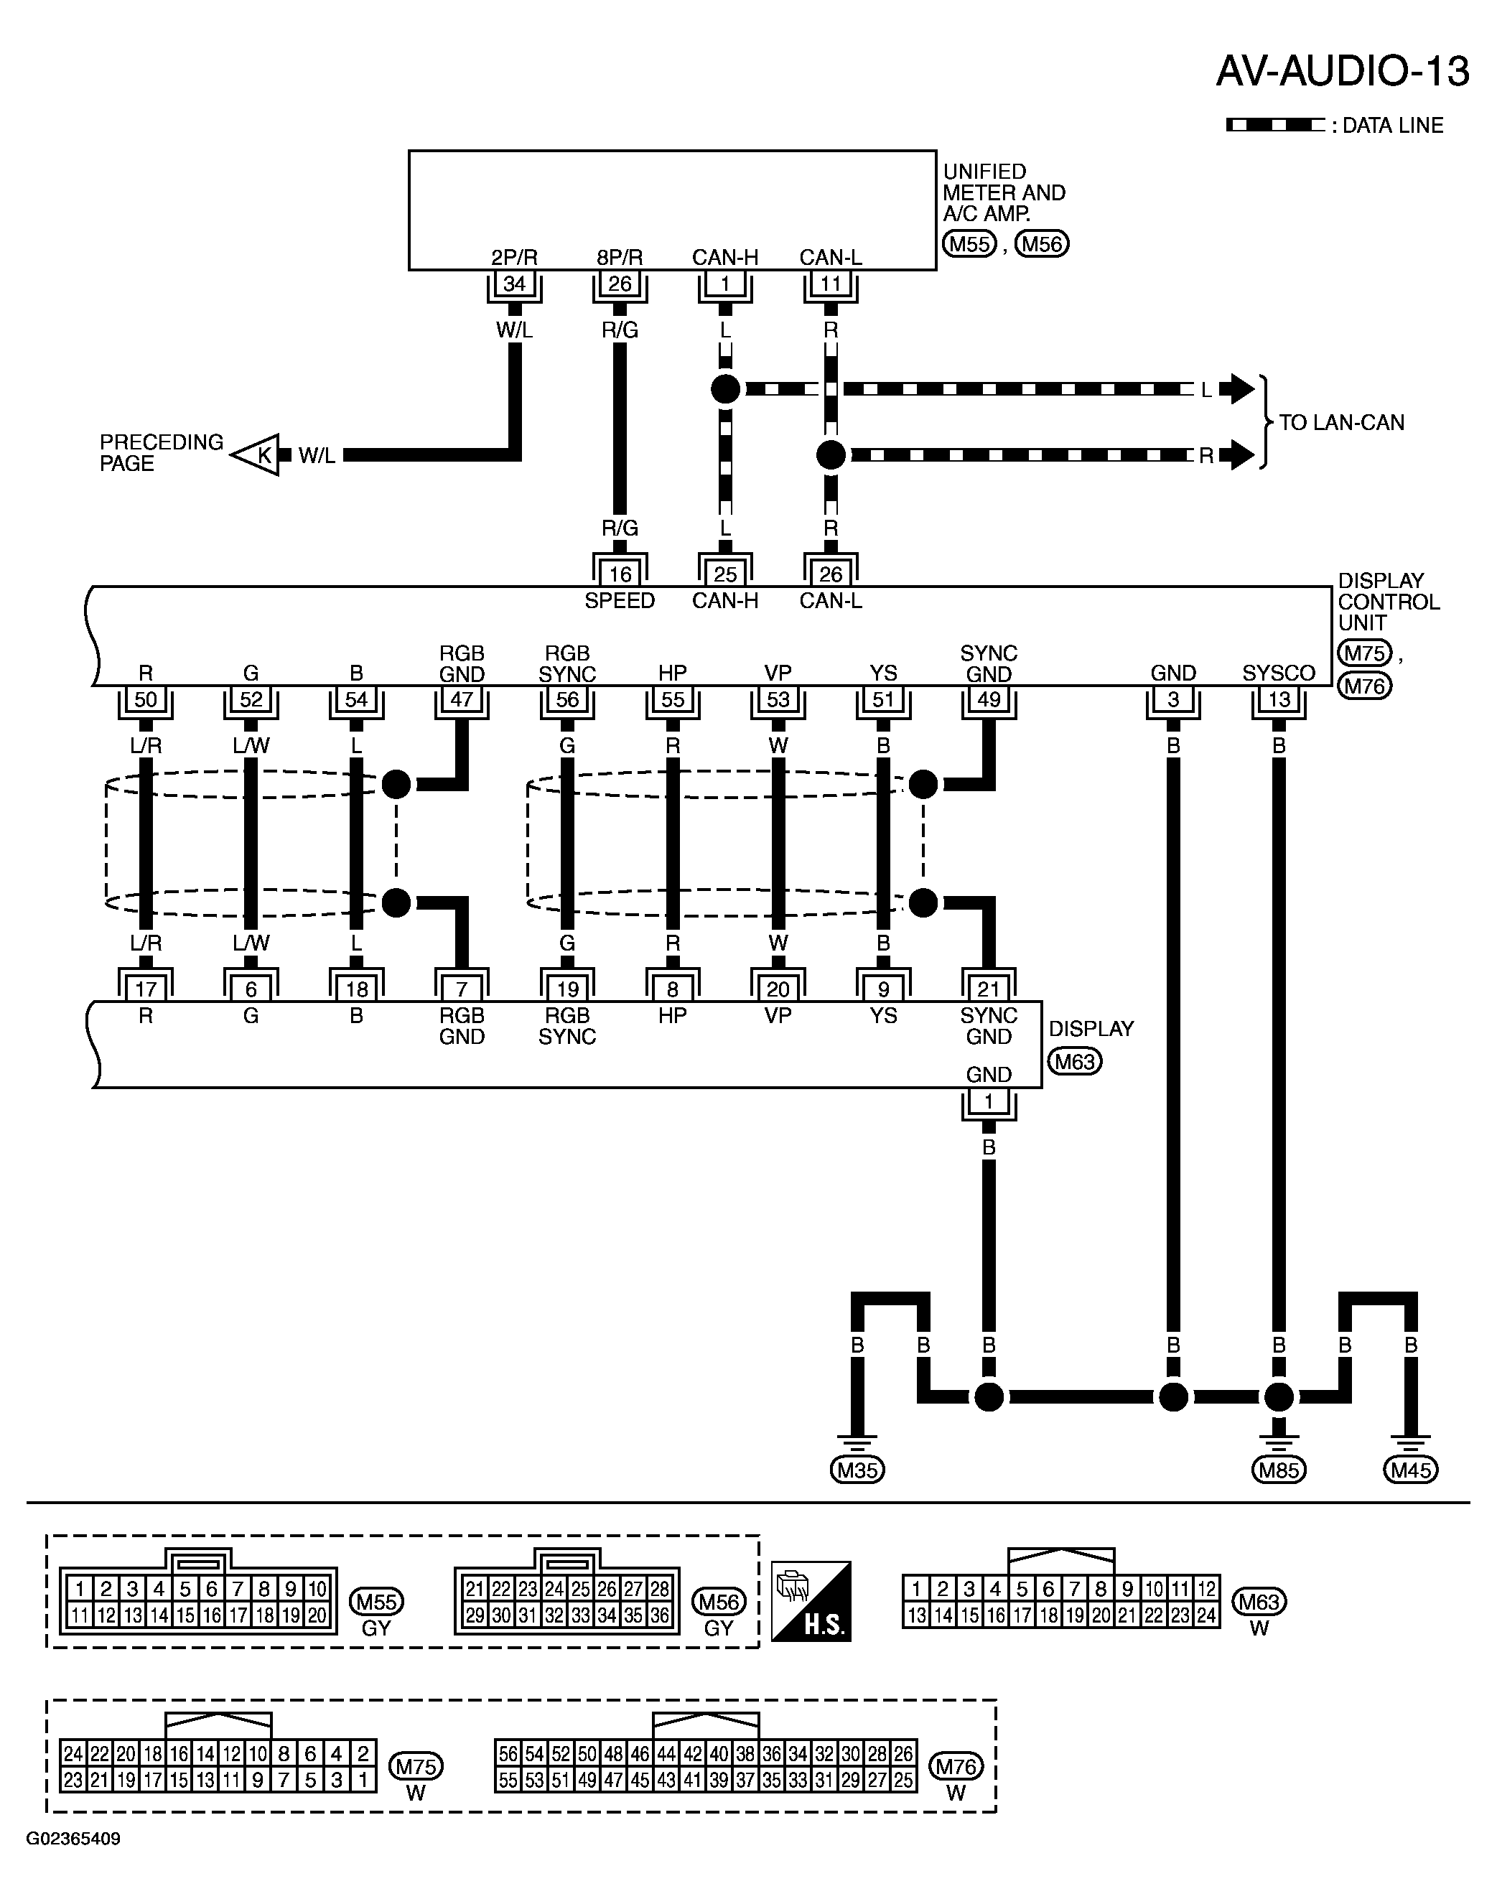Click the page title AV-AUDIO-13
tap(1342, 71)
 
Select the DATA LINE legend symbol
tap(1275, 126)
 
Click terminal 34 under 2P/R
tap(515, 284)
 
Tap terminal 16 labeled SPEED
tap(620, 574)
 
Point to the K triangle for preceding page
tap(258, 454)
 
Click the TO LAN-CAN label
tap(1341, 422)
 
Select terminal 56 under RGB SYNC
tap(567, 699)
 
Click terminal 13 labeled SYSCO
tap(1279, 699)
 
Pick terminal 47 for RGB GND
tap(462, 699)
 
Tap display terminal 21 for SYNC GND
tap(989, 989)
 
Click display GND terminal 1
tap(989, 1101)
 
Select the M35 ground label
tap(857, 1470)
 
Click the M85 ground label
tap(1279, 1470)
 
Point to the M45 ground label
tap(1411, 1470)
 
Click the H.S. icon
tap(811, 1601)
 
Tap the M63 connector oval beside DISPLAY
tap(1076, 1062)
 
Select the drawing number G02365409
tap(74, 1839)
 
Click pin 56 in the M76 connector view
tap(508, 1753)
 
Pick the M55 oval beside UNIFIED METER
tap(969, 245)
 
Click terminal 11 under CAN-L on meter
tap(831, 284)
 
